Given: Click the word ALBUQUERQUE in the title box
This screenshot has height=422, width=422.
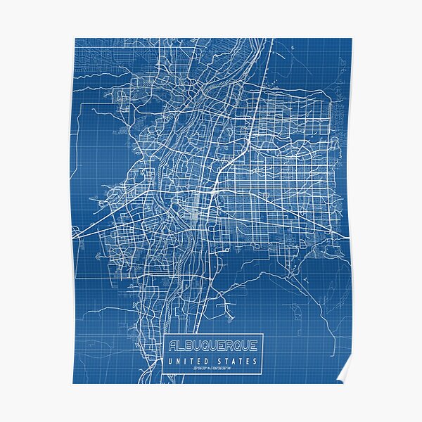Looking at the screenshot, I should click(213, 345).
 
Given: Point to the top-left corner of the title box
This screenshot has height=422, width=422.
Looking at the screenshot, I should click(163, 334).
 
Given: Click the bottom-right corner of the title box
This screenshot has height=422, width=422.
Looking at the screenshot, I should click(263, 373).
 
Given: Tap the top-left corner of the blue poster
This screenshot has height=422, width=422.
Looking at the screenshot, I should click(74, 39).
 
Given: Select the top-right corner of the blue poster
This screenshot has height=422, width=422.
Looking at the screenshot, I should click(351, 39).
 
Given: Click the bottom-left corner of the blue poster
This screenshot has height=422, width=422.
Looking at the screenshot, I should click(74, 383).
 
